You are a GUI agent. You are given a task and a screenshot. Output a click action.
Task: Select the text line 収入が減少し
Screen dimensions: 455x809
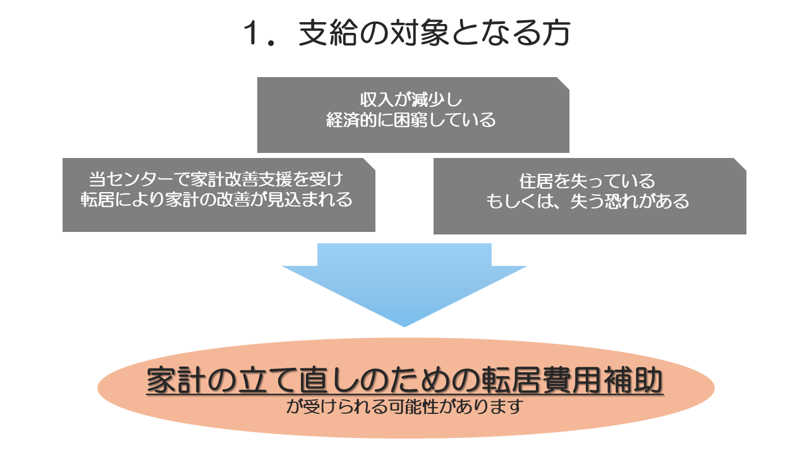413,101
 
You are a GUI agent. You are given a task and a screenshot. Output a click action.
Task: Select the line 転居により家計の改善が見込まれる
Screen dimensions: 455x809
217,200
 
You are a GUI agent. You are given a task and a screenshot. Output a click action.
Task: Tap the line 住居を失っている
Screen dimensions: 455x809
587,181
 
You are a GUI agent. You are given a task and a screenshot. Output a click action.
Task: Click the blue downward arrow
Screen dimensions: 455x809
404,284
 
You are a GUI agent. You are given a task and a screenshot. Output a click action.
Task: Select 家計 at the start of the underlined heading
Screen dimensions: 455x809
166,381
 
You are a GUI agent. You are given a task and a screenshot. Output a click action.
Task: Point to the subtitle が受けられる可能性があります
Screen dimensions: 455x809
404,406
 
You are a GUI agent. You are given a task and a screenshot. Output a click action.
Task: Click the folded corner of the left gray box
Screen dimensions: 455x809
370,163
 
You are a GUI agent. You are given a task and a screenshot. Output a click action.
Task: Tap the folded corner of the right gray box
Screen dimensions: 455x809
741,163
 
